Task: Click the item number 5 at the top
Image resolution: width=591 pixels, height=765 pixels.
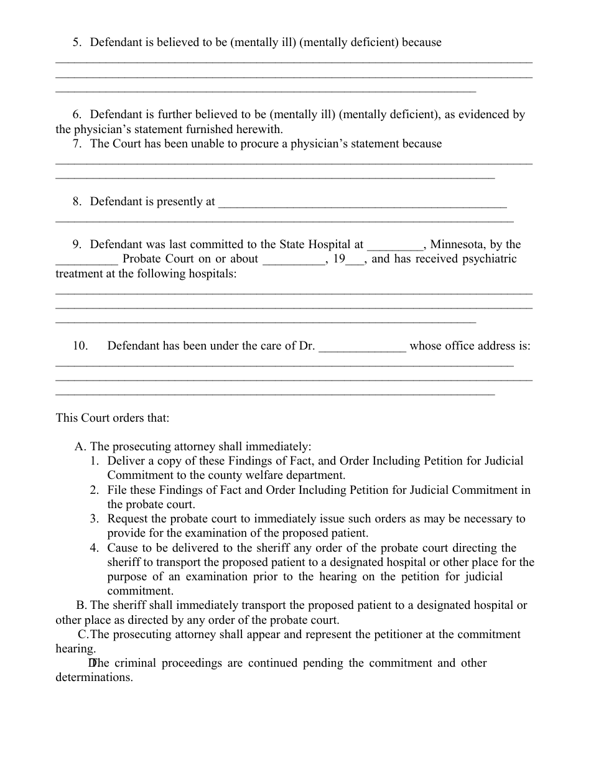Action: coord(77,43)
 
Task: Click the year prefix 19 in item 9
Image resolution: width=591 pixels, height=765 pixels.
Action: coord(339,259)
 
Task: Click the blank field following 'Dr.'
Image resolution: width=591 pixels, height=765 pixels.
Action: coord(363,346)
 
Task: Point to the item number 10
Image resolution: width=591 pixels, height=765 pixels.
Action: coord(80,346)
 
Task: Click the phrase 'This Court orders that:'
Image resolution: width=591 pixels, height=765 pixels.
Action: coord(113,418)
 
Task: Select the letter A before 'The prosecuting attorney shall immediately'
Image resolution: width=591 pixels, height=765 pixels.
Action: coord(79,447)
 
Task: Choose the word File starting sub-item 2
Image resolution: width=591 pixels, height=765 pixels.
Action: coord(118,490)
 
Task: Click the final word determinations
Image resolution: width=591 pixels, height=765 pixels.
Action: coord(94,677)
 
